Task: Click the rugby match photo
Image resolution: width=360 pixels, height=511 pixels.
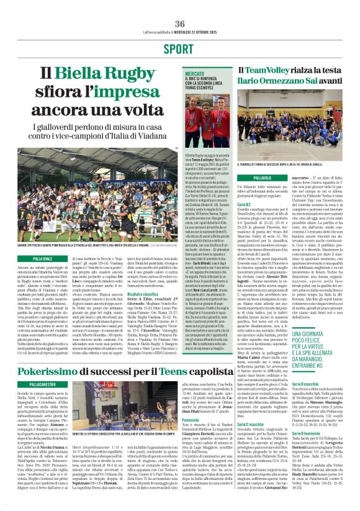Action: coord(91,193)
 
